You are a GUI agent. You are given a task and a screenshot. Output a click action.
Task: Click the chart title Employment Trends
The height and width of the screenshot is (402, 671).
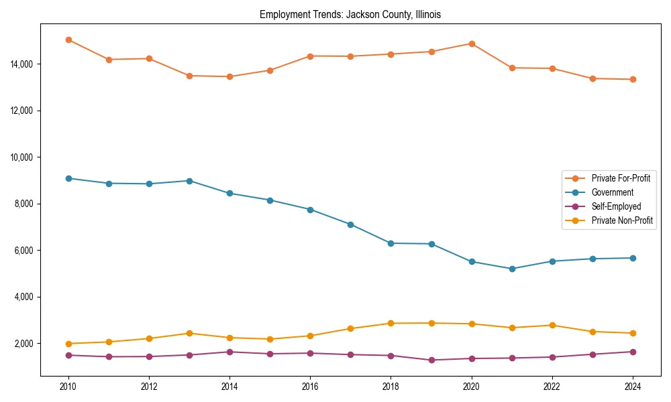[x=350, y=15]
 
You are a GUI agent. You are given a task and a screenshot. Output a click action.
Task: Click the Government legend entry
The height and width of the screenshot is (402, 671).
[x=612, y=192]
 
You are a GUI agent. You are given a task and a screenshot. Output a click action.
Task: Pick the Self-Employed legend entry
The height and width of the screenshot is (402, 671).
[x=616, y=206]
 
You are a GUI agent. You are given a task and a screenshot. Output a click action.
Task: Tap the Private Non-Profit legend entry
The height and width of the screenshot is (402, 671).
[x=622, y=220]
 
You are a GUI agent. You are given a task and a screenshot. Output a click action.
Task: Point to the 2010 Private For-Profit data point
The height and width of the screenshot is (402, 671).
[x=68, y=40]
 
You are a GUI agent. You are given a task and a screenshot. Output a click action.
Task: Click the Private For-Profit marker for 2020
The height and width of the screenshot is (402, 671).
[x=472, y=44]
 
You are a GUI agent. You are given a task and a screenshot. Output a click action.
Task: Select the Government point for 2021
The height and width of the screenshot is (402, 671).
[x=512, y=269]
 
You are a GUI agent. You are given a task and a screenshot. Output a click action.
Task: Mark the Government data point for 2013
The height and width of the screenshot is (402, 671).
[x=189, y=181]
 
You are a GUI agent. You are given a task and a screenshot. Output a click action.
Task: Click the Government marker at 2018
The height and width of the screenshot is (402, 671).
[x=391, y=243]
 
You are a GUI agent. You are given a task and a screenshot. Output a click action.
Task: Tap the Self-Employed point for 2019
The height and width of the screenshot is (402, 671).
[x=431, y=360]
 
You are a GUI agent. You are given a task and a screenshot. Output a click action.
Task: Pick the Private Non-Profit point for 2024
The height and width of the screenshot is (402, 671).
[x=633, y=333]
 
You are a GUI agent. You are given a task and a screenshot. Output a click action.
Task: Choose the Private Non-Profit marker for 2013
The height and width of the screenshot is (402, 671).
[x=189, y=333]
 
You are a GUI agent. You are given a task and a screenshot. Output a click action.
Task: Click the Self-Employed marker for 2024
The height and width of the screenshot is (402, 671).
[x=633, y=352]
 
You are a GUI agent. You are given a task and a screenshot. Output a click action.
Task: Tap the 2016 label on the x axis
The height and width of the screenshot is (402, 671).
[x=310, y=387]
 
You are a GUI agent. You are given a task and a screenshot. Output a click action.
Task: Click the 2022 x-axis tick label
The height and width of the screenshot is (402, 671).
[x=552, y=387]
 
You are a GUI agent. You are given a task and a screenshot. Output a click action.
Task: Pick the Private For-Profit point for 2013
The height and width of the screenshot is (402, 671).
[x=189, y=76]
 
